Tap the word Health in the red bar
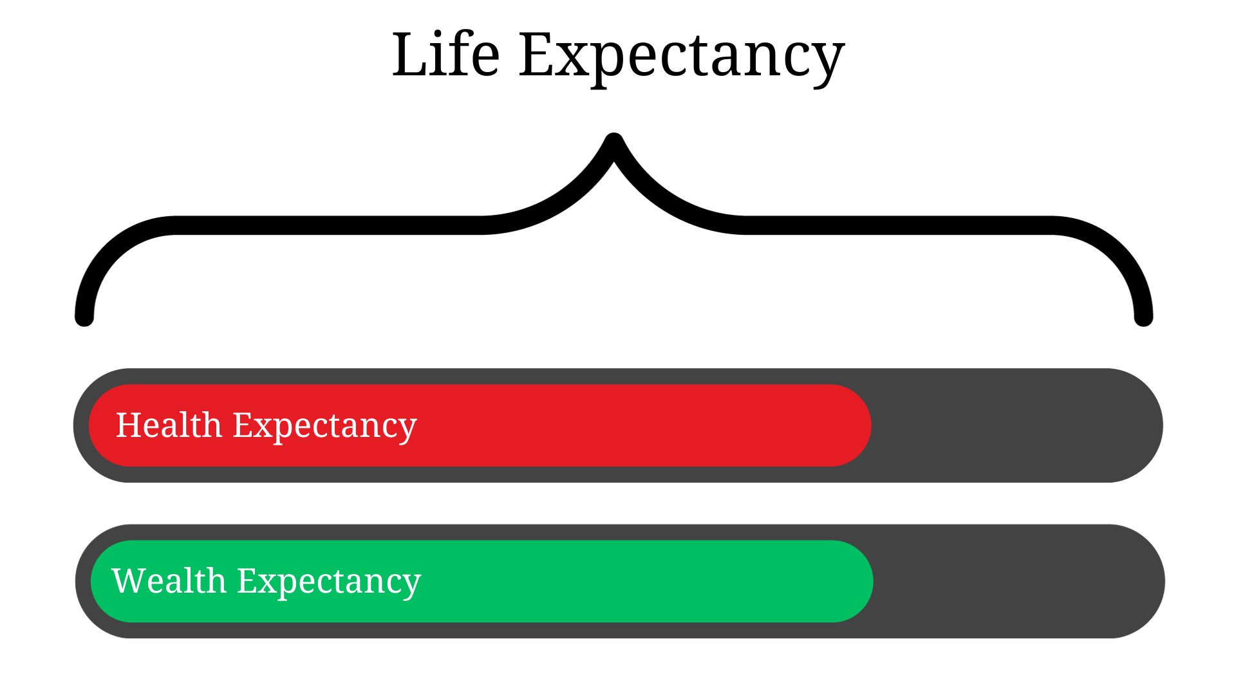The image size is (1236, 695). (169, 425)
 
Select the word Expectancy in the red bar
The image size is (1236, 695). (324, 427)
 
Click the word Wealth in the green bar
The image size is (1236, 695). (169, 581)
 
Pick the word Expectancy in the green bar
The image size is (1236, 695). (329, 582)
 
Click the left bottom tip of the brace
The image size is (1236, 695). (84, 317)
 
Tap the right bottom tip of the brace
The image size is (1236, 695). (1143, 317)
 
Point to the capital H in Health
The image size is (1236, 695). (129, 425)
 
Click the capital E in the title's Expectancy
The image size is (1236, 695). (537, 55)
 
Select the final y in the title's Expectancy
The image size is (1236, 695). (827, 64)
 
